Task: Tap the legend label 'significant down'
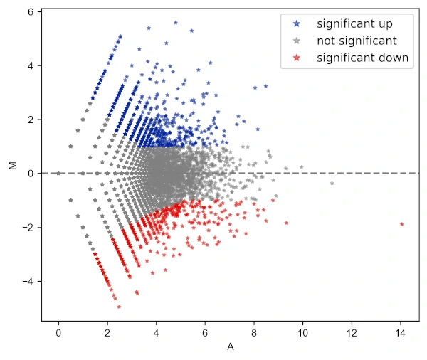(363, 58)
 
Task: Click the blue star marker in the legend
(296, 24)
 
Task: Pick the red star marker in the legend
(296, 58)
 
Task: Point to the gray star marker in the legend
(296, 41)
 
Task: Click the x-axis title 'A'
(230, 347)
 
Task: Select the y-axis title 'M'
(11, 166)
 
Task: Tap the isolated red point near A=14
(402, 224)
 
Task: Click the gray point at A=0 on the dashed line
(58, 173)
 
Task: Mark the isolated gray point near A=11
(332, 183)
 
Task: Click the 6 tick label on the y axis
(31, 12)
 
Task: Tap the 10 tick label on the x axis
(302, 332)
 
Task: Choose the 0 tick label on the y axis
(31, 173)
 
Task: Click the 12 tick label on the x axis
(352, 332)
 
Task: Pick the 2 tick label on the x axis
(107, 332)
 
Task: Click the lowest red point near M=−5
(119, 307)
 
